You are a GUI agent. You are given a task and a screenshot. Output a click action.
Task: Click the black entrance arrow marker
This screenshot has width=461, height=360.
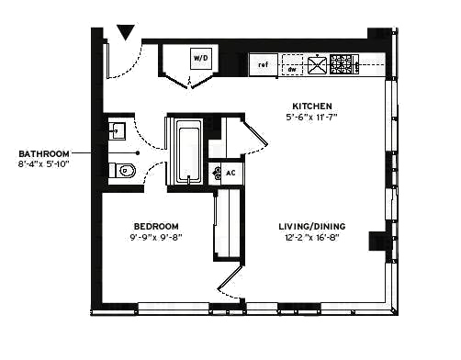[126, 33]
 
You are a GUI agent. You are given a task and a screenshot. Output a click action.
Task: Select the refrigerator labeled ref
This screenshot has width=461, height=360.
[263, 65]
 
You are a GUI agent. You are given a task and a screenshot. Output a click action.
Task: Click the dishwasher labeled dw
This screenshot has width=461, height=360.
[291, 66]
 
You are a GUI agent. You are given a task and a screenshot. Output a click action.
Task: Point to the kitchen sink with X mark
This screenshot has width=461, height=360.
[318, 65]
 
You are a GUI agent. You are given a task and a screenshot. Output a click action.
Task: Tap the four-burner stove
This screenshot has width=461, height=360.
[343, 64]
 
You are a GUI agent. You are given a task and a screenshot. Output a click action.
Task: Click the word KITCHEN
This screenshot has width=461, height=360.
[312, 106]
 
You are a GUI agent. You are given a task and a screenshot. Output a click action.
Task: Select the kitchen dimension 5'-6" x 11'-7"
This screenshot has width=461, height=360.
[312, 118]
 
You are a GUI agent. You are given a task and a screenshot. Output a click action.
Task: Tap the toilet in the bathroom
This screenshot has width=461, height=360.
[121, 170]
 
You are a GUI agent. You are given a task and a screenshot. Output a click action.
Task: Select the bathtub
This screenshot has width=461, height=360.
[189, 152]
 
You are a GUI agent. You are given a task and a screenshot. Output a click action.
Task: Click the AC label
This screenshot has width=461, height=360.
[230, 173]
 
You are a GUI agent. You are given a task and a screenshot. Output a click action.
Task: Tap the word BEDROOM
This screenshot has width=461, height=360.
[155, 226]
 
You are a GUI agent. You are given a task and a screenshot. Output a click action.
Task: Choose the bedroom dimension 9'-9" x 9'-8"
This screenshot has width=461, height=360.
[155, 238]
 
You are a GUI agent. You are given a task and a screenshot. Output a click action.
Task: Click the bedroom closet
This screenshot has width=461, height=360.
[226, 225]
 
